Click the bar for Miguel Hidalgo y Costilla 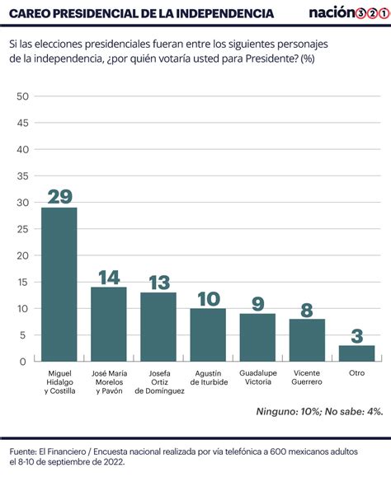click(x=59, y=284)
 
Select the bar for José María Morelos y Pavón click(x=109, y=325)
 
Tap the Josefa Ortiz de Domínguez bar click(x=158, y=327)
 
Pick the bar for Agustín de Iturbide click(x=208, y=335)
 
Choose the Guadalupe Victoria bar click(x=257, y=338)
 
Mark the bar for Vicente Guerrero click(x=307, y=340)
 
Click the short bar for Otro click(x=357, y=353)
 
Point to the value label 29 click(x=60, y=196)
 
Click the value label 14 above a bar click(x=109, y=278)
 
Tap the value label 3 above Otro click(x=357, y=336)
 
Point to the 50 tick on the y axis click(x=22, y=96)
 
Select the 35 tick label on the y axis click(x=22, y=176)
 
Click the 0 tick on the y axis click(x=23, y=362)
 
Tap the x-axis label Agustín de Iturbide click(x=209, y=377)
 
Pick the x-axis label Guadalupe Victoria click(x=258, y=377)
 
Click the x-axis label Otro click(x=356, y=373)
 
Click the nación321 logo click(x=350, y=12)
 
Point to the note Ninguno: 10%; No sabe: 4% click(x=319, y=412)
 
